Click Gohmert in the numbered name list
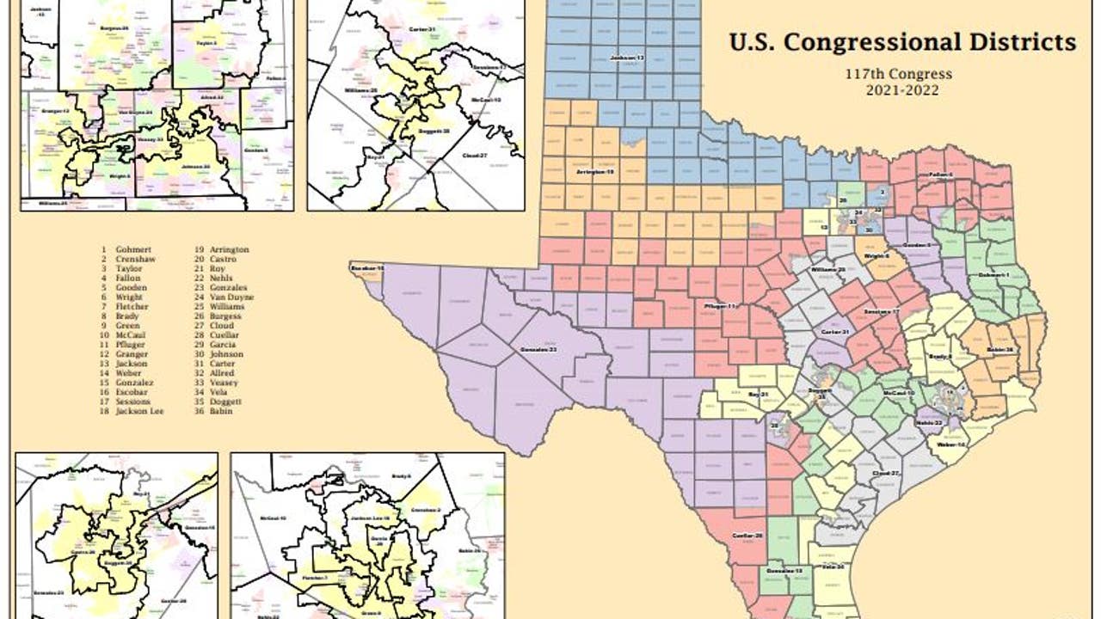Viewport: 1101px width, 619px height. tap(135, 249)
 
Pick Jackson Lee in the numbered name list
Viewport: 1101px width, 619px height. tap(139, 411)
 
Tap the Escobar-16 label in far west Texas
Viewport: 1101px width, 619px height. tap(366, 269)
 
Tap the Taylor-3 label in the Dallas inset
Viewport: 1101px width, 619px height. tap(205, 42)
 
